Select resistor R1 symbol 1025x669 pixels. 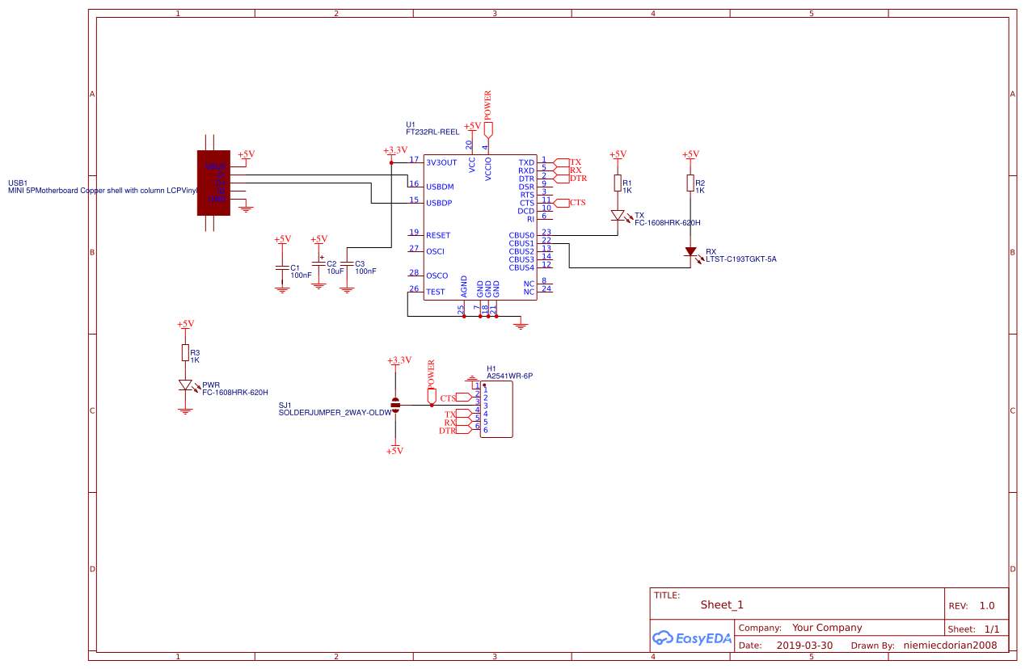(x=618, y=184)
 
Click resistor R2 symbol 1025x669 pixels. (x=690, y=184)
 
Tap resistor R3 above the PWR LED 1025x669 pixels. (x=185, y=353)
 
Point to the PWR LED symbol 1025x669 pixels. (x=186, y=385)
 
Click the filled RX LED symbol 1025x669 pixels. (x=690, y=252)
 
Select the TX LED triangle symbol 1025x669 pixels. (x=618, y=216)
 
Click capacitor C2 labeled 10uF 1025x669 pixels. (x=318, y=263)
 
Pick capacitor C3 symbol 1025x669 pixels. (x=347, y=263)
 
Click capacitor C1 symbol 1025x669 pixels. (x=281, y=267)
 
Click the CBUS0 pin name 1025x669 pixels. (x=521, y=235)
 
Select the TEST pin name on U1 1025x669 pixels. (x=435, y=292)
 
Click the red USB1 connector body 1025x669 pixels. (x=213, y=183)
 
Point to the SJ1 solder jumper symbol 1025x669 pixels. (x=394, y=405)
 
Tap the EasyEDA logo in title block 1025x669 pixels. (x=692, y=637)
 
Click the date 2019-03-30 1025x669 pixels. (x=804, y=646)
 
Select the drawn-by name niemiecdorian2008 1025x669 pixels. (x=951, y=646)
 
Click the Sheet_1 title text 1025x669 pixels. (x=722, y=604)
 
